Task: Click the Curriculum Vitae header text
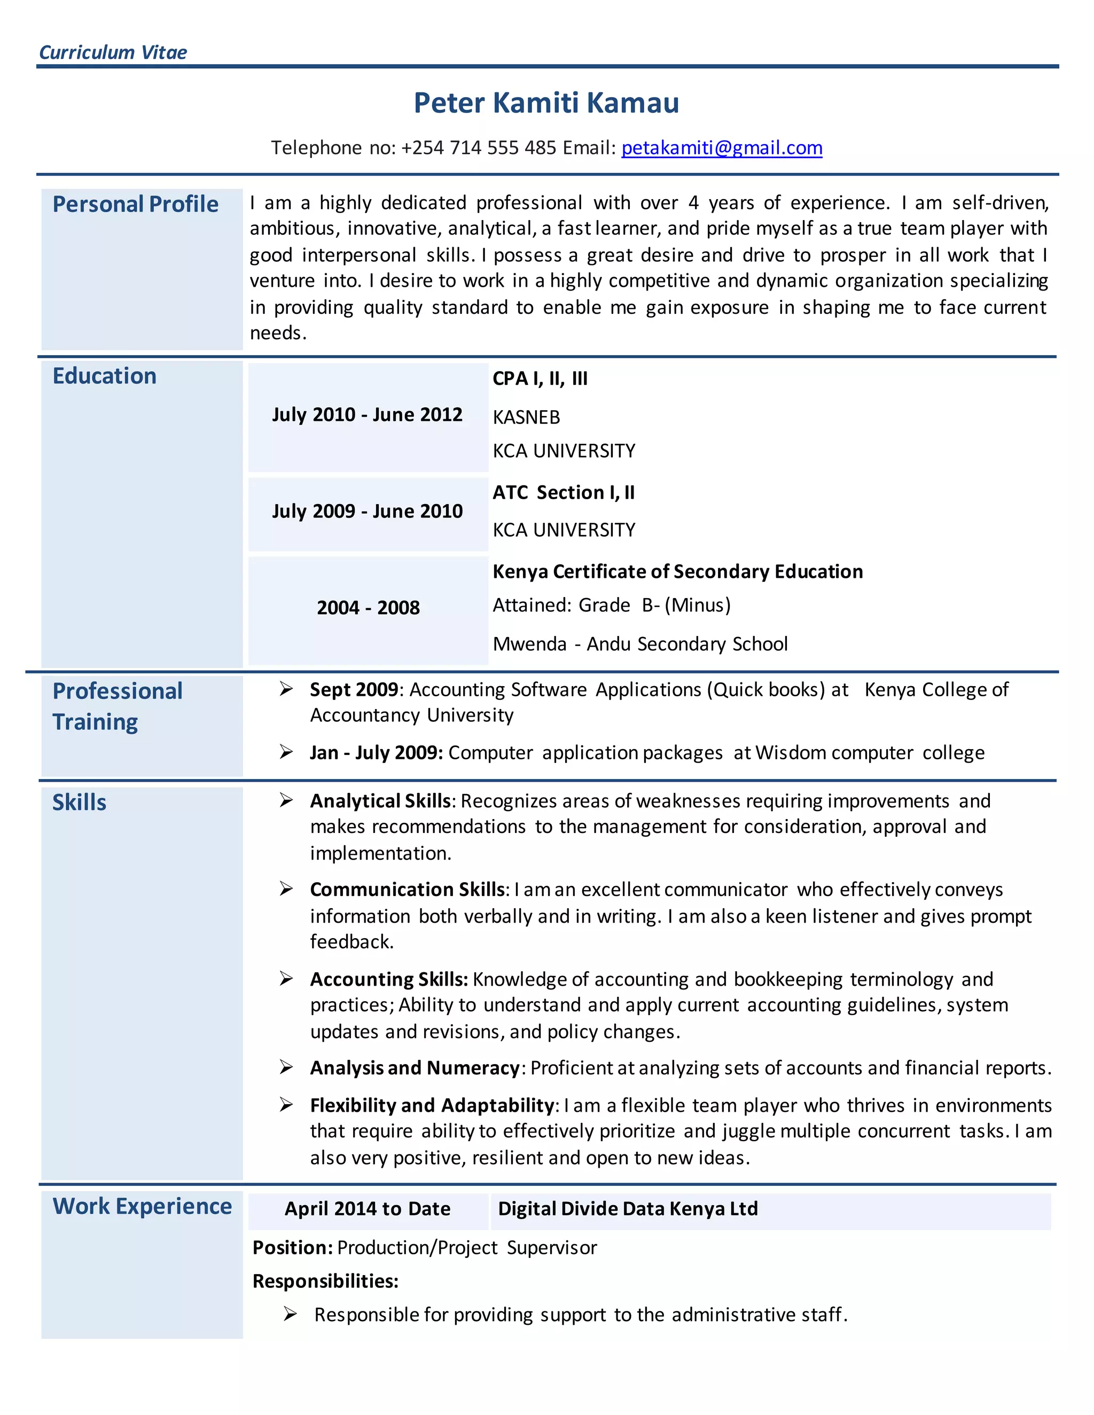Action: [113, 52]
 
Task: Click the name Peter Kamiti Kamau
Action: [546, 103]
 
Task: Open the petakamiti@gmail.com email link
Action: [721, 148]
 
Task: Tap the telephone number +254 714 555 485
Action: [478, 148]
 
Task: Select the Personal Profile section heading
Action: [136, 204]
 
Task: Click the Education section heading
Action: [104, 376]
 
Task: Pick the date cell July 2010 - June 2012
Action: [367, 415]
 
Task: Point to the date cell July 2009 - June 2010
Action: [367, 511]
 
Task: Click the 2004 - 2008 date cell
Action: [368, 608]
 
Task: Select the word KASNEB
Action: [526, 417]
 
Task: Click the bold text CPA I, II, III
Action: [540, 379]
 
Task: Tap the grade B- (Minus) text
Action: [686, 605]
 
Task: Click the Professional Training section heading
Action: [118, 706]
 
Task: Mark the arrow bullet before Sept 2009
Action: [286, 689]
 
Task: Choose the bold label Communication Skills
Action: [407, 890]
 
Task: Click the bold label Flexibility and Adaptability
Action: [432, 1105]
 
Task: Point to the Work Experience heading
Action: [142, 1206]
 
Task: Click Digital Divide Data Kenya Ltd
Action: [627, 1209]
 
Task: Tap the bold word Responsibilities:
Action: [325, 1282]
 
